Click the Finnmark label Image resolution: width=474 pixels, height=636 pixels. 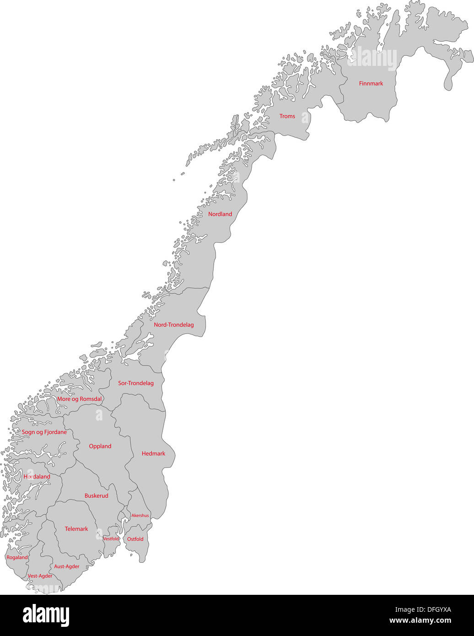[x=371, y=83]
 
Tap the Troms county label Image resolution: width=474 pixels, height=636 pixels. [x=287, y=116]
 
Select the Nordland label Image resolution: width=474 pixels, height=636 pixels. [x=220, y=214]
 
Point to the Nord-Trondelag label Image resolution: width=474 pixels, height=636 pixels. [x=173, y=325]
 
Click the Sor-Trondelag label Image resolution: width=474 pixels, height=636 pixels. [x=136, y=383]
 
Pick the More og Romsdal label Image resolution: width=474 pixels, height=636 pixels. [x=79, y=399]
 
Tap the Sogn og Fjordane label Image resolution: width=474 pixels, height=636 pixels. [x=44, y=432]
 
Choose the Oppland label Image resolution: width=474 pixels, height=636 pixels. [x=100, y=446]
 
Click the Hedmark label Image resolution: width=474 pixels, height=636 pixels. [x=153, y=453]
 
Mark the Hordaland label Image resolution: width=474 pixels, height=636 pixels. [x=37, y=476]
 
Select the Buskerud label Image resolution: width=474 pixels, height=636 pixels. [x=96, y=496]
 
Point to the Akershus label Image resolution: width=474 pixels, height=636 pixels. [x=140, y=516]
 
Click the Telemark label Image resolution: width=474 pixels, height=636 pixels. [x=76, y=529]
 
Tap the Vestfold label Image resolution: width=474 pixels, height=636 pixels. [x=111, y=539]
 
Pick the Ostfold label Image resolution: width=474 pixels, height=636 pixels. [x=135, y=539]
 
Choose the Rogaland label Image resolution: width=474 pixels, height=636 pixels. [x=17, y=557]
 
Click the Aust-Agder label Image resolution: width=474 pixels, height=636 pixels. [x=67, y=566]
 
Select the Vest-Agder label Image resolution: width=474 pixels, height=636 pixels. [x=40, y=576]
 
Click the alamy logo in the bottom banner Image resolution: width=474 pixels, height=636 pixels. [x=46, y=615]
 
